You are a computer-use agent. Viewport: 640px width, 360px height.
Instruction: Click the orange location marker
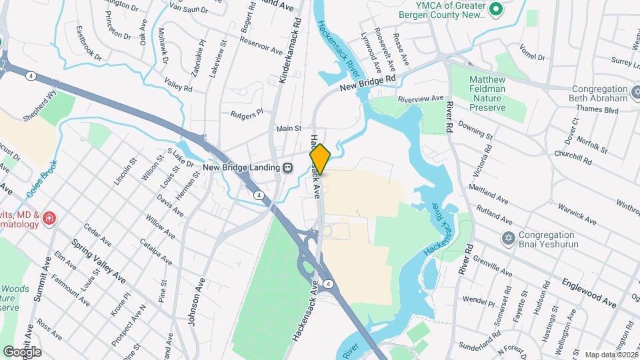tap(320, 159)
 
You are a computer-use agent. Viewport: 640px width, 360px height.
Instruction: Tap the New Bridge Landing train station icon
tap(287, 167)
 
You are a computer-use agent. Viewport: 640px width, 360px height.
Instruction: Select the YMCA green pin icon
tap(495, 9)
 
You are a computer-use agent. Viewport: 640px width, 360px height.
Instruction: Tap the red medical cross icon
tap(48, 218)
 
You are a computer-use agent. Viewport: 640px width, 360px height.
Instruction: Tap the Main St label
tap(289, 128)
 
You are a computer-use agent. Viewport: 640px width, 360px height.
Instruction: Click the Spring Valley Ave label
tap(99, 259)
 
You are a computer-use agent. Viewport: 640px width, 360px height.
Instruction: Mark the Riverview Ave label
tap(421, 99)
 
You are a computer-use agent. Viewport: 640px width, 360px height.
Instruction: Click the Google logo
tap(22, 351)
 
